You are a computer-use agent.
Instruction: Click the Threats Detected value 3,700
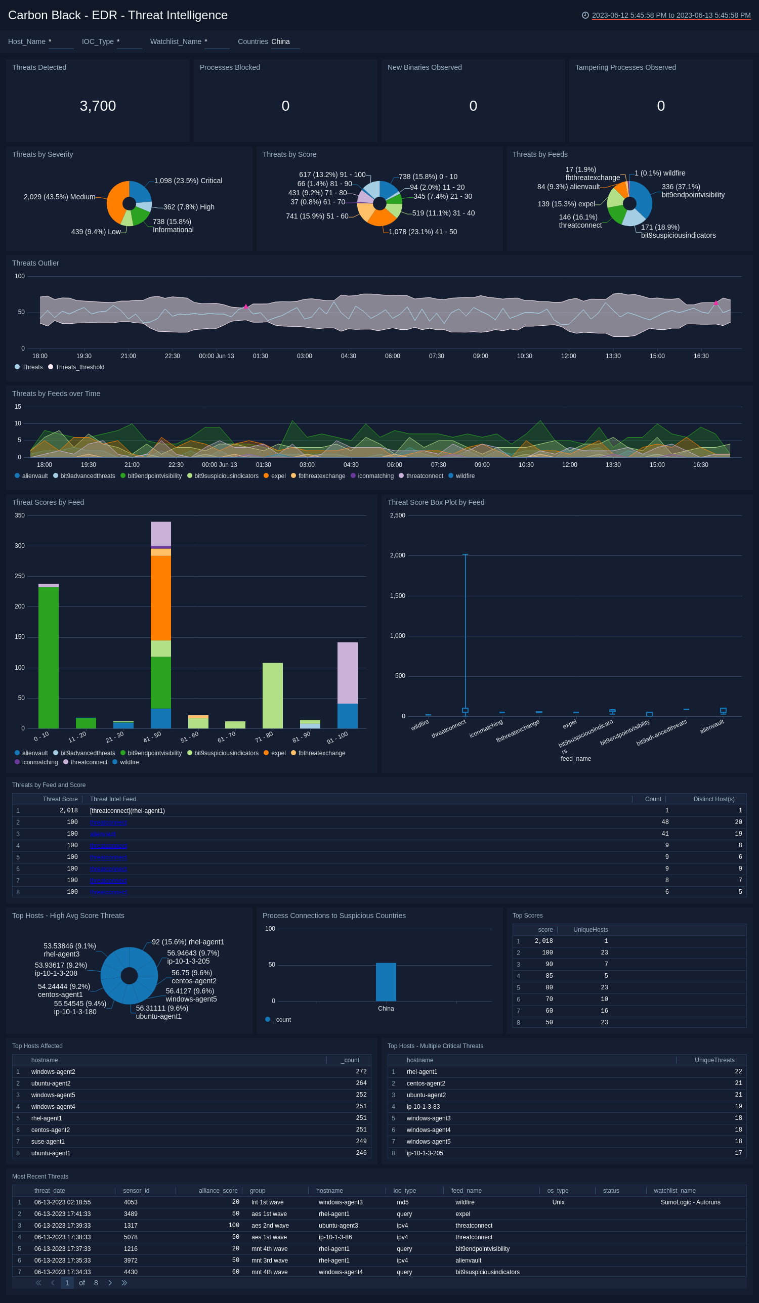[x=97, y=106]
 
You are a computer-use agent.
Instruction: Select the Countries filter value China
[x=280, y=42]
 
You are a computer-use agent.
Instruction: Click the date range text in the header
[x=670, y=16]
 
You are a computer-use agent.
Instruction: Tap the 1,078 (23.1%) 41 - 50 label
[x=423, y=232]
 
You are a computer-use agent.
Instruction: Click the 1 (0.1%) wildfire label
[x=660, y=173]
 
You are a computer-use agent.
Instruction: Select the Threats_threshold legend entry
[x=79, y=367]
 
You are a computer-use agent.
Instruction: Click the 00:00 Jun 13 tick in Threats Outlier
[x=216, y=356]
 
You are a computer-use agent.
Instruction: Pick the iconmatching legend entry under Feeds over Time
[x=375, y=476]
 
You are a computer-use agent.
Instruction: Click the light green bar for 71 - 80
[x=272, y=696]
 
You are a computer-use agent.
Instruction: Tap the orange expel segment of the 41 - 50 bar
[x=160, y=598]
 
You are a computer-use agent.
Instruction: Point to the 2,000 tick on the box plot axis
[x=397, y=555]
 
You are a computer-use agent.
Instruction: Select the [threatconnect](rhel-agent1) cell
[x=128, y=811]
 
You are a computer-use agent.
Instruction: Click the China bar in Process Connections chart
[x=386, y=982]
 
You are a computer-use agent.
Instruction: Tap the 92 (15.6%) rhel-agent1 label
[x=188, y=942]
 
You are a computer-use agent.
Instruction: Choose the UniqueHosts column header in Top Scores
[x=591, y=930]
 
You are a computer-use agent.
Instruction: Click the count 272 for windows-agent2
[x=361, y=1072]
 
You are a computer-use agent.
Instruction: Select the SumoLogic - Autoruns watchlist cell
[x=690, y=1202]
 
